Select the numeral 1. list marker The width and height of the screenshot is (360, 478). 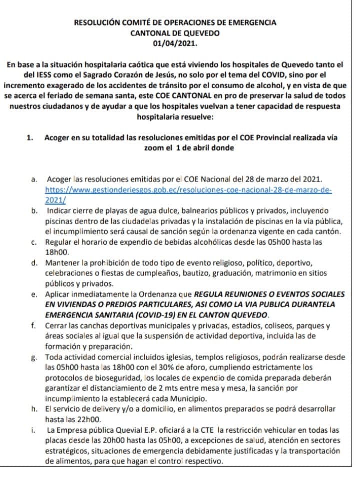click(x=30, y=138)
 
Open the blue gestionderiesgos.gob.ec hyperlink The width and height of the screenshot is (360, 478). click(x=188, y=190)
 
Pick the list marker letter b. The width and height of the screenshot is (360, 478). click(x=33, y=210)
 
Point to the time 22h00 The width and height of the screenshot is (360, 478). click(x=79, y=419)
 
